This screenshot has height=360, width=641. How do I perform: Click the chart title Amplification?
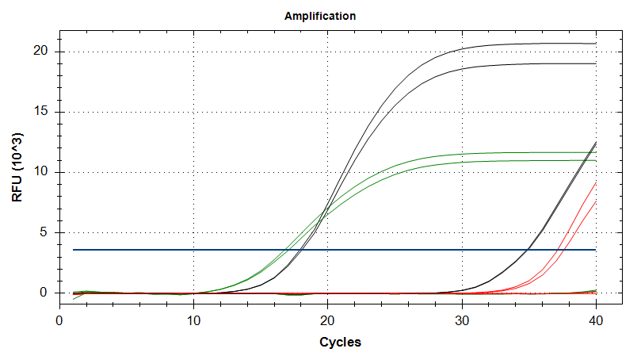click(x=320, y=16)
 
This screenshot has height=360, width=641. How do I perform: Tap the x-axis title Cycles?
click(x=341, y=343)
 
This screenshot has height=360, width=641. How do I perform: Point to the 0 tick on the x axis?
click(x=59, y=320)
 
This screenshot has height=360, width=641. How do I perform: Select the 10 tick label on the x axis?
click(x=193, y=320)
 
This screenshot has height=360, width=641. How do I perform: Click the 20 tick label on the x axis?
click(x=327, y=320)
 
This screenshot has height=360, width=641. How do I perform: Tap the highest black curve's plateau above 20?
click(x=539, y=44)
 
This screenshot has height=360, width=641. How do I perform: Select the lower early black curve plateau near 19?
click(x=539, y=63)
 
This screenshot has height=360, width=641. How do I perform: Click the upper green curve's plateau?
click(x=539, y=152)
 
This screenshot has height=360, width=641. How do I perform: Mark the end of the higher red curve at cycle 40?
click(x=595, y=182)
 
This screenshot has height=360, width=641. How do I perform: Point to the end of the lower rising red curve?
click(x=595, y=201)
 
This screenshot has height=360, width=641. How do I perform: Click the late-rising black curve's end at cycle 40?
click(x=595, y=143)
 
